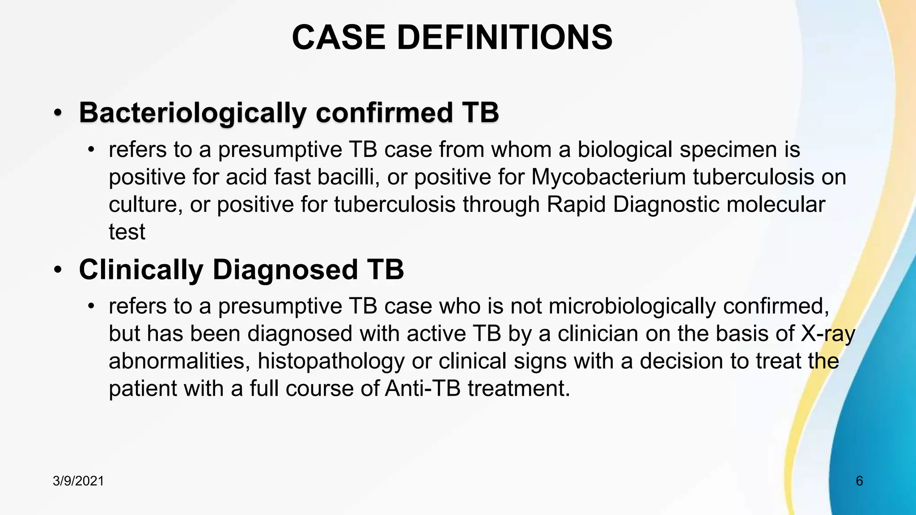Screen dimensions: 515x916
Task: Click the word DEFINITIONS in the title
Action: point(505,38)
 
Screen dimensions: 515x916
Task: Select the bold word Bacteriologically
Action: point(193,113)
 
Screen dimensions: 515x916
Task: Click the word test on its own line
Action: point(127,232)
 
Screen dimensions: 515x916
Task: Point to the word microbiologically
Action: point(632,307)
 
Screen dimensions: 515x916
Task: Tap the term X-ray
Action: point(827,334)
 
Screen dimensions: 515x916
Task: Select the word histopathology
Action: point(331,361)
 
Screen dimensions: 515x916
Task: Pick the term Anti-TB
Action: point(423,388)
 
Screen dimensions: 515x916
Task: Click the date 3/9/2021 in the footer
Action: point(78,481)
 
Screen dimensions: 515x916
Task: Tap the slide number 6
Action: point(859,481)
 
